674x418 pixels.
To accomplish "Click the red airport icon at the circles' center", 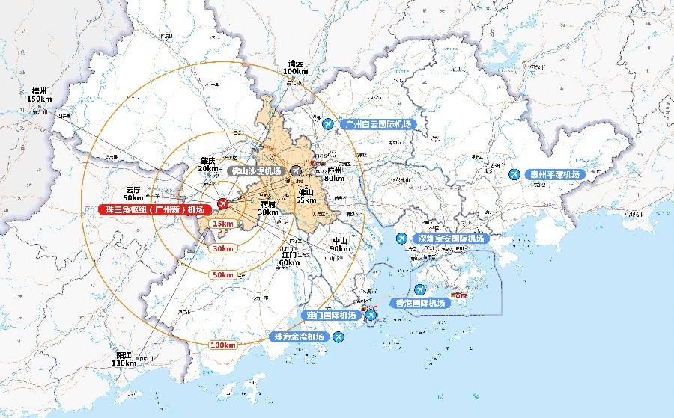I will (222, 203).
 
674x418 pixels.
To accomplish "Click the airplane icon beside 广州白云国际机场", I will (327, 123).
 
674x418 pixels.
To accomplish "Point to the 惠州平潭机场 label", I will (554, 174).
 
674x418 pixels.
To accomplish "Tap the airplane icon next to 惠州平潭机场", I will (514, 174).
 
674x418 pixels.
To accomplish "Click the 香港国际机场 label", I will (420, 303).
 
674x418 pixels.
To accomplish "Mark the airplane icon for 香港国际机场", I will (420, 289).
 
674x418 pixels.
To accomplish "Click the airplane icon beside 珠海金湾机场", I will (338, 338).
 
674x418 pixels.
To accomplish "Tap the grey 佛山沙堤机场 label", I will (256, 171).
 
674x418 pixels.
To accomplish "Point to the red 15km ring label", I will (222, 224).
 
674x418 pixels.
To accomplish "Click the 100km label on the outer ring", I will (223, 345).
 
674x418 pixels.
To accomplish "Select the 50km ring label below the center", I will (222, 274).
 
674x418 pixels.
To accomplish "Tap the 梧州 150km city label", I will (39, 94).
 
